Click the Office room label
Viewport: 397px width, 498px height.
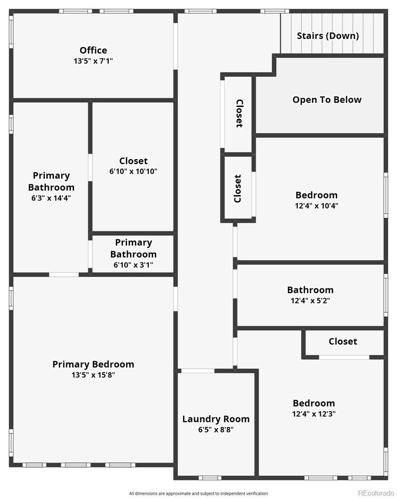pyautogui.click(x=93, y=50)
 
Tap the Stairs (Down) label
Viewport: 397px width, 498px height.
pyautogui.click(x=328, y=36)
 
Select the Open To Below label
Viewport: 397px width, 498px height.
pyautogui.click(x=327, y=100)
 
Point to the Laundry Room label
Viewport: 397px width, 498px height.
pyautogui.click(x=216, y=419)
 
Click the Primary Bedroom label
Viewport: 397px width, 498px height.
pyautogui.click(x=93, y=364)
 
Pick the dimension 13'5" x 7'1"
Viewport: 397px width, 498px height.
pyautogui.click(x=93, y=61)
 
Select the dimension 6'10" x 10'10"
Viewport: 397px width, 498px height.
pyautogui.click(x=133, y=171)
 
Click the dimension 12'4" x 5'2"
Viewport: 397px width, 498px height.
pyautogui.click(x=310, y=300)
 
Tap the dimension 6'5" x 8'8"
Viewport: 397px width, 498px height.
pyautogui.click(x=216, y=430)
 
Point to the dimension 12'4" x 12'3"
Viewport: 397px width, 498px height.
pyautogui.click(x=314, y=414)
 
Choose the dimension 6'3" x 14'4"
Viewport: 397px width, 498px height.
pyautogui.click(x=51, y=198)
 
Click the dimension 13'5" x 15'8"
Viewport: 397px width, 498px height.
pyautogui.click(x=93, y=375)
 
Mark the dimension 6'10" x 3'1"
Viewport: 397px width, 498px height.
pyautogui.click(x=133, y=264)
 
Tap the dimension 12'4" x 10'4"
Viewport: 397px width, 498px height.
pyautogui.click(x=317, y=205)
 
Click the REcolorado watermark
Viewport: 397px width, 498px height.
pyautogui.click(x=376, y=493)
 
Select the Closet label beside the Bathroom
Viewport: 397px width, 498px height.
pyautogui.click(x=343, y=342)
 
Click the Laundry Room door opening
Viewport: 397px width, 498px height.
pyautogui.click(x=198, y=371)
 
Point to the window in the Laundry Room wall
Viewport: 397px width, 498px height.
pyautogui.click(x=209, y=478)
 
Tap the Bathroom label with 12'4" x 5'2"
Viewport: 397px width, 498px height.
pyautogui.click(x=310, y=290)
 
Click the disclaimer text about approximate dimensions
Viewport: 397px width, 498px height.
pyautogui.click(x=198, y=493)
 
